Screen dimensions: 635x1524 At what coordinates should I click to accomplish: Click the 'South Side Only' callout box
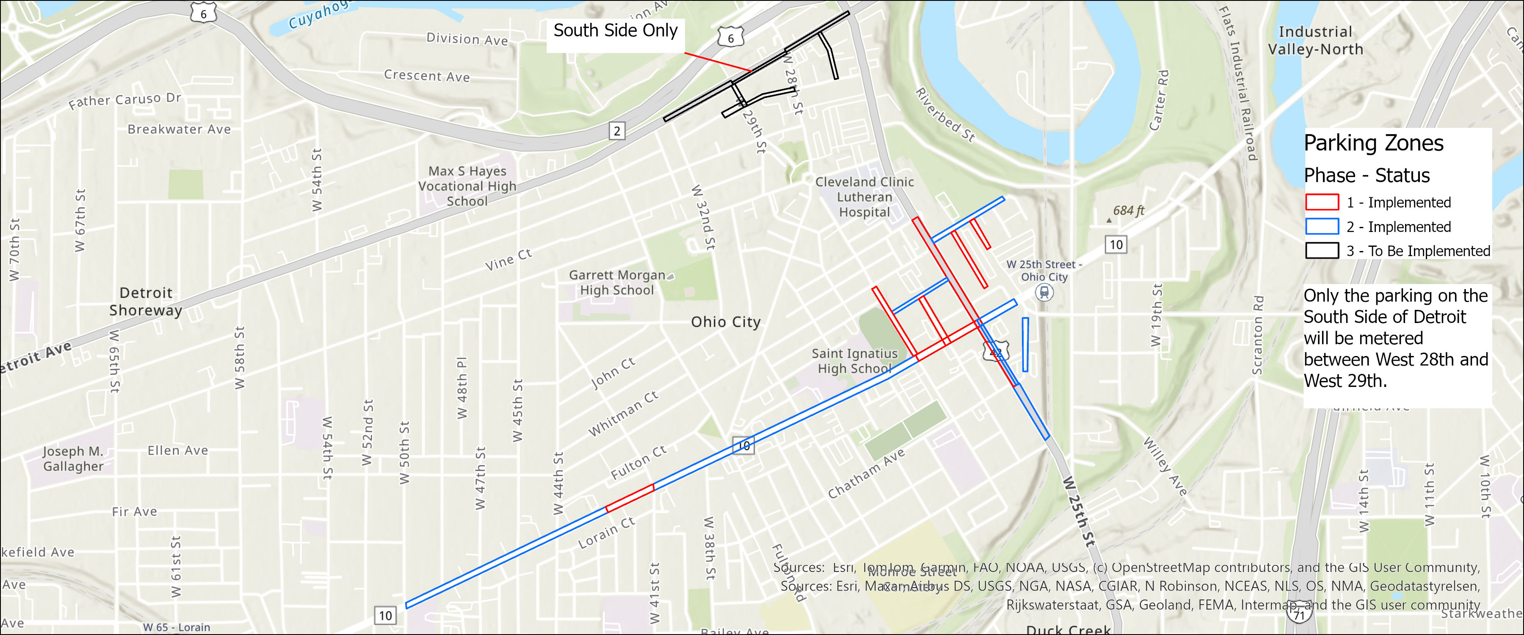[615, 31]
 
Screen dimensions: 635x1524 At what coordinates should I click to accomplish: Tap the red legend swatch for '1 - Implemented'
[1322, 202]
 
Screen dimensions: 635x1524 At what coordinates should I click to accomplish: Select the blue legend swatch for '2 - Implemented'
[1322, 226]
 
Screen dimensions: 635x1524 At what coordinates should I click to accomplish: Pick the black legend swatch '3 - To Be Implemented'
[1322, 251]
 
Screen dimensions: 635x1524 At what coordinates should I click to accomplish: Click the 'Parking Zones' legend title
[1373, 143]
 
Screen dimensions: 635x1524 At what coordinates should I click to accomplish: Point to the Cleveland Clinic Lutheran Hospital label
[864, 197]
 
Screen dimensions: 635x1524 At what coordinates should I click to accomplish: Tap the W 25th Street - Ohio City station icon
[1044, 292]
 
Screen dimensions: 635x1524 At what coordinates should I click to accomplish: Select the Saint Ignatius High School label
[854, 361]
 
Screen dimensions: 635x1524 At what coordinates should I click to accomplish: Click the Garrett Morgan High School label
[617, 283]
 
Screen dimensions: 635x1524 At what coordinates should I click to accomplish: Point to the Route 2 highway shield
[616, 131]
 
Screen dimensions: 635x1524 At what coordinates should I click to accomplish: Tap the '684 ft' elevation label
[1128, 211]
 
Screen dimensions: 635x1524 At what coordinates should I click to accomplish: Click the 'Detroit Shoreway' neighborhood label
[146, 301]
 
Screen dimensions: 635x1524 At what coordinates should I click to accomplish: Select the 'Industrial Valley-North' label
[1315, 40]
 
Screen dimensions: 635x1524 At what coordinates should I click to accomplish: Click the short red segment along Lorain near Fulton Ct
[630, 498]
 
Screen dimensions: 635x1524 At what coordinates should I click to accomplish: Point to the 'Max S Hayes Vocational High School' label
[467, 186]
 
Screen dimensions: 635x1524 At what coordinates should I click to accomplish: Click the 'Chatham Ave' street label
[866, 473]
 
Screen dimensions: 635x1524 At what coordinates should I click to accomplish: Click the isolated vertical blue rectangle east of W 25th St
[1025, 345]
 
